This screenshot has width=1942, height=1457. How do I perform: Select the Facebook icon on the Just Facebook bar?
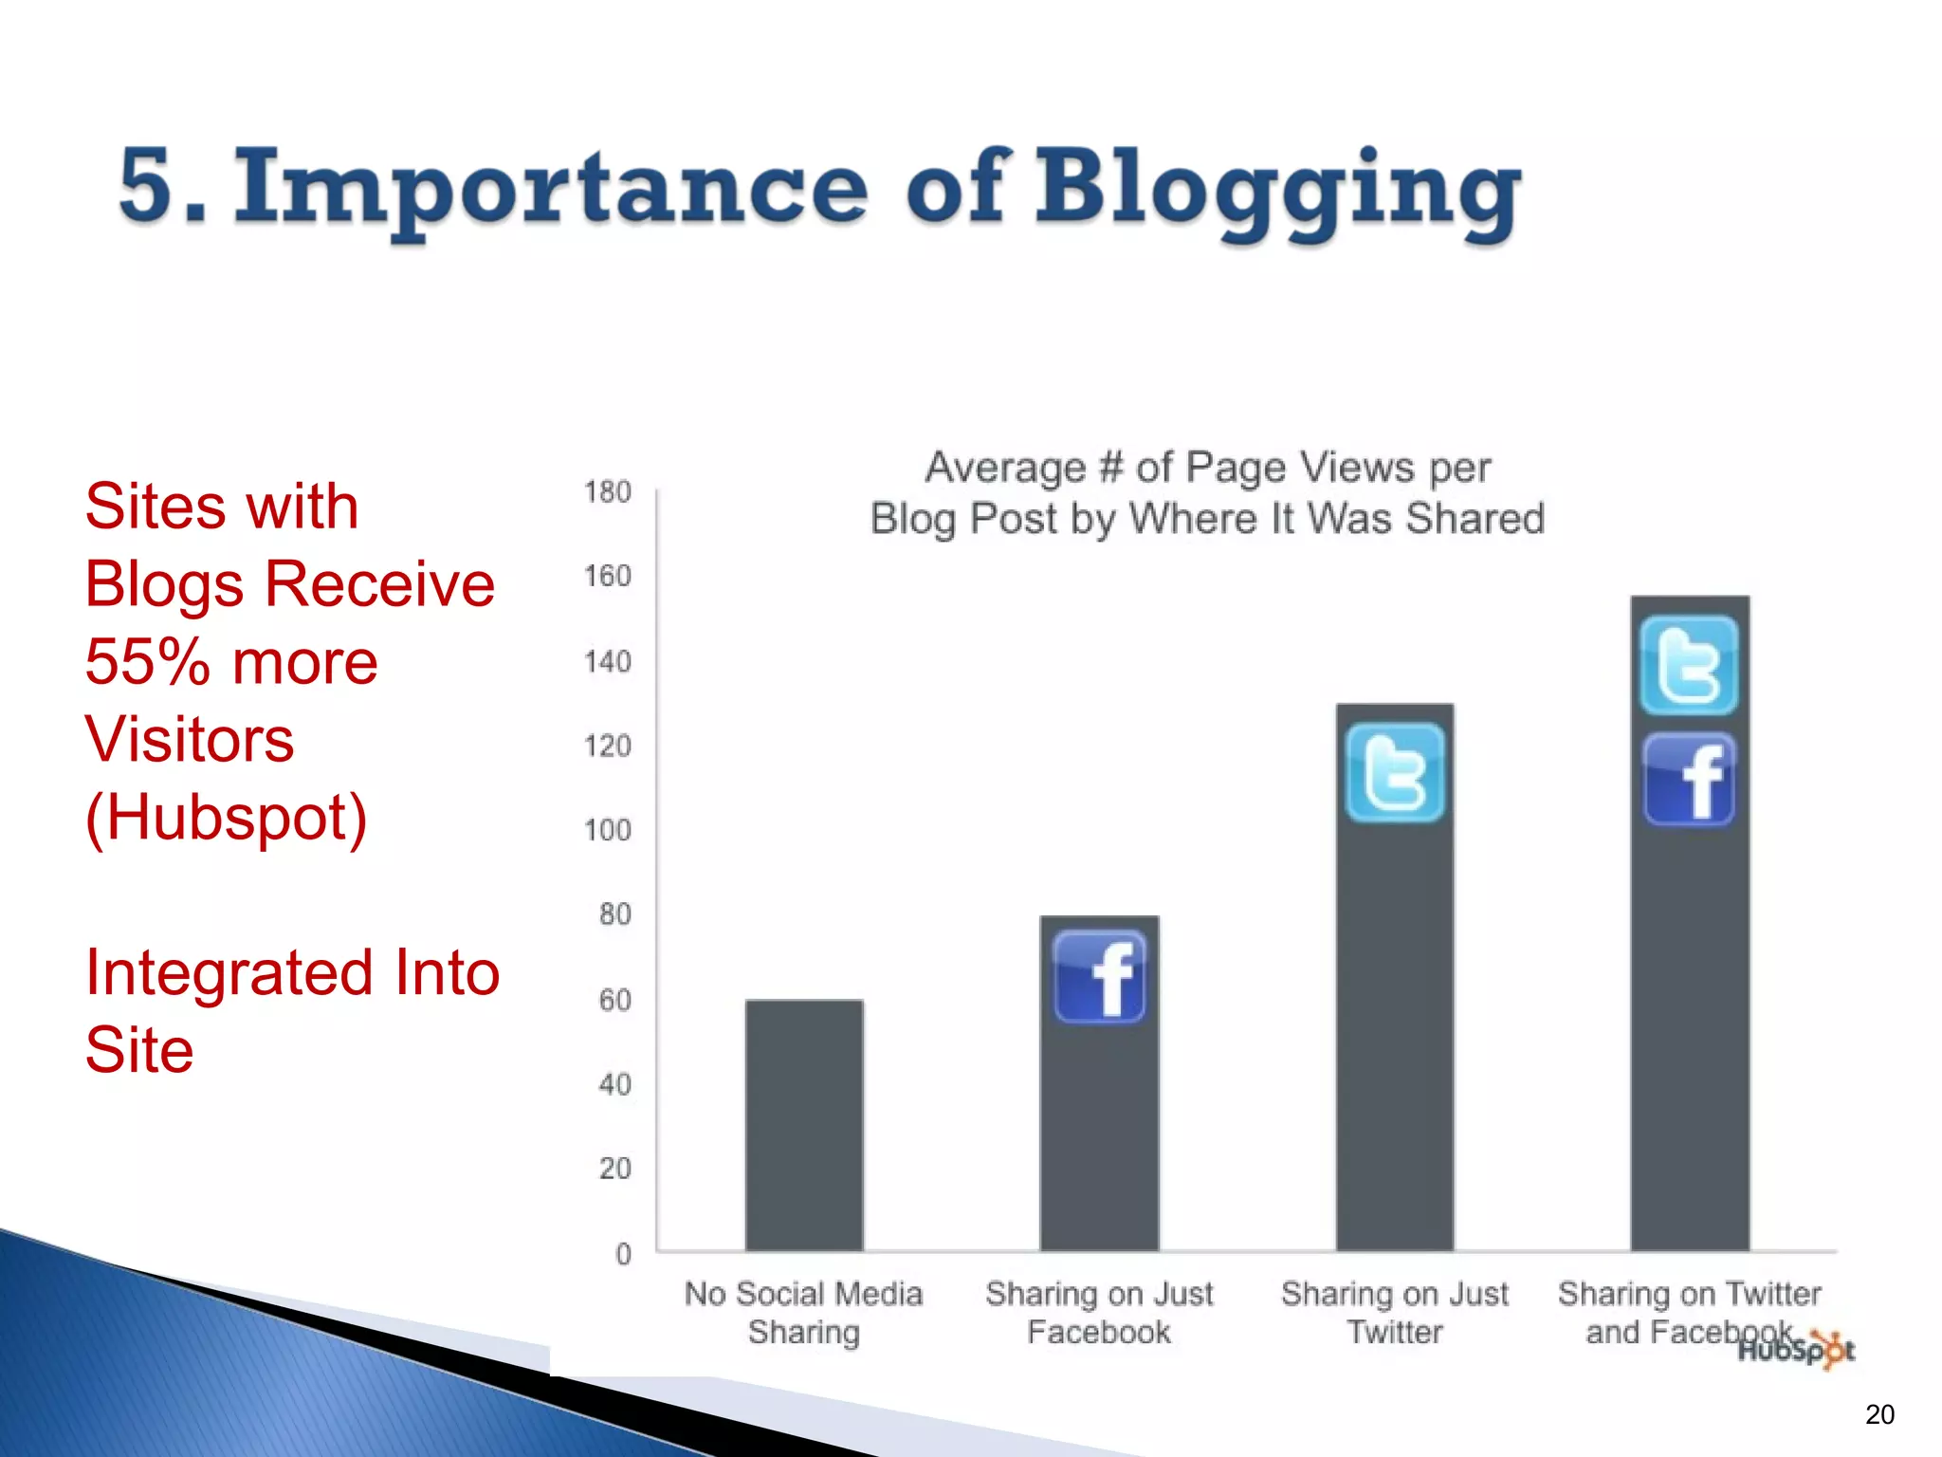(1099, 976)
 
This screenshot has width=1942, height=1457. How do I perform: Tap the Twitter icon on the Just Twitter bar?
(1394, 772)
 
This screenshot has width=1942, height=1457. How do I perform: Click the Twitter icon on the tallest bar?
(1689, 665)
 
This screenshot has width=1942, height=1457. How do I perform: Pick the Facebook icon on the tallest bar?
(1689, 780)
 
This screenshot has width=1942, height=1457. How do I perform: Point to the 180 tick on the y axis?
(607, 492)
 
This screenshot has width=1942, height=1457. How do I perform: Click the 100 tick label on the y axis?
(607, 830)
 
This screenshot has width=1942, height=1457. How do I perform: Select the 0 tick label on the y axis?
(623, 1254)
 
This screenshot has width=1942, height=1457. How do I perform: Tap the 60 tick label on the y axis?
(614, 1000)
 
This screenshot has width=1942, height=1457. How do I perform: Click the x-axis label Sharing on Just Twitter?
(1394, 1312)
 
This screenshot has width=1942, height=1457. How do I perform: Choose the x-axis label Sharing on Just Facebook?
(1099, 1312)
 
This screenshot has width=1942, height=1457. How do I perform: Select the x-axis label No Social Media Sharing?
(803, 1312)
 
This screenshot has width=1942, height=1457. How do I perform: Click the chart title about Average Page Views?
(1207, 492)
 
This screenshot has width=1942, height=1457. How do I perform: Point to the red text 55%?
(148, 661)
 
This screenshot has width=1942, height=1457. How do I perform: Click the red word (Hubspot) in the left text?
(226, 817)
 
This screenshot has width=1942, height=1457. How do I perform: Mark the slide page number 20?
(1878, 1414)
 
